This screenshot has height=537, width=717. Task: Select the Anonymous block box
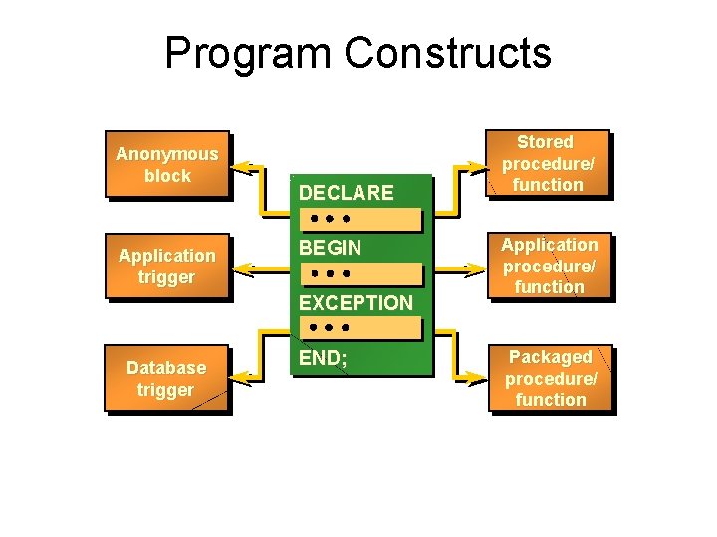pyautogui.click(x=166, y=165)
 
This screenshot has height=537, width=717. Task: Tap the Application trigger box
pyautogui.click(x=166, y=267)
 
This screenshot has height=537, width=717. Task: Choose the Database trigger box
pyautogui.click(x=166, y=379)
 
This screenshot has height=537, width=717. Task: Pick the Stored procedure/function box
pyautogui.click(x=550, y=164)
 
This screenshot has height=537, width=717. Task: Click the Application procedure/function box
pyautogui.click(x=550, y=266)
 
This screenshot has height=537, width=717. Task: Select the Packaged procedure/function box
pyautogui.click(x=550, y=378)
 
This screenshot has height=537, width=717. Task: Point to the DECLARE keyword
pyautogui.click(x=346, y=192)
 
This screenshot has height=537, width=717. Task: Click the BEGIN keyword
pyautogui.click(x=331, y=247)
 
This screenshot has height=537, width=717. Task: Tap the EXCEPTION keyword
pyautogui.click(x=356, y=302)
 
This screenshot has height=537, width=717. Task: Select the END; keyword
pyautogui.click(x=323, y=358)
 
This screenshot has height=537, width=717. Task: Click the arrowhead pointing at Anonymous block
pyautogui.click(x=240, y=165)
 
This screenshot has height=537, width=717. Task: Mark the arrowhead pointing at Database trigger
pyautogui.click(x=240, y=379)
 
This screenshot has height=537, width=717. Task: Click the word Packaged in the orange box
pyautogui.click(x=551, y=357)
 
